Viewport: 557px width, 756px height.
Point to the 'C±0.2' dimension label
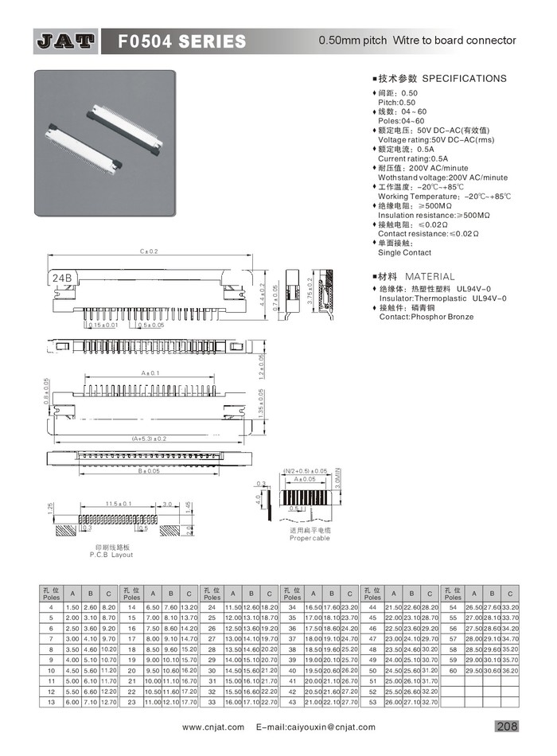(148, 251)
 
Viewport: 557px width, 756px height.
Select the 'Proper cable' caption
(310, 539)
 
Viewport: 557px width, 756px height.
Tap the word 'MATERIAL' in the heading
(430, 276)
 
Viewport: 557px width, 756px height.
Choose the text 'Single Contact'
(406, 252)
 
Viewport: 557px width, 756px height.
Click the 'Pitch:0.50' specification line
(396, 103)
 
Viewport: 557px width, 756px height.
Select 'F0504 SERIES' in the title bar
(182, 41)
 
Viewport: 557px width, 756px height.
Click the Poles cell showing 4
(51, 606)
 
